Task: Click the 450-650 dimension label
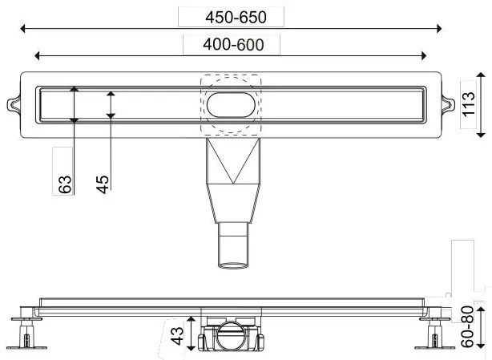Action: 232,17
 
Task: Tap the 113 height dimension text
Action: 470,105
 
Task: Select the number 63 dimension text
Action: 65,184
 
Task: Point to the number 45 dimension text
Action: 102,184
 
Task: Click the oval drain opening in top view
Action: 232,104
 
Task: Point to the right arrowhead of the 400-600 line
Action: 425,55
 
